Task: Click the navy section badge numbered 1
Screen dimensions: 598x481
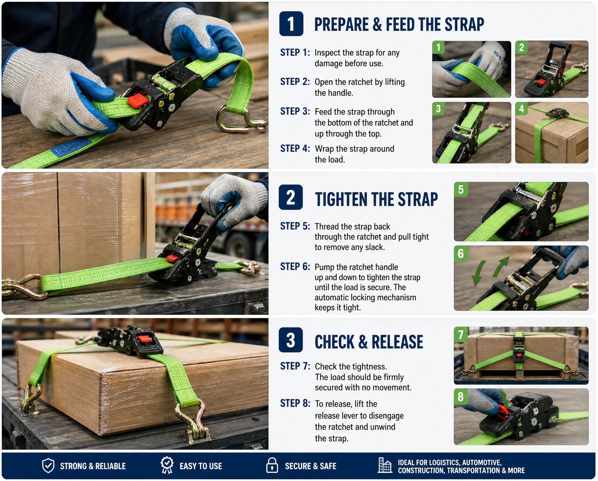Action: click(x=291, y=24)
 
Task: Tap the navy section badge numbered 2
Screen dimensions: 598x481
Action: click(x=291, y=197)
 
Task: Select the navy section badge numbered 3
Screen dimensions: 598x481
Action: click(x=291, y=340)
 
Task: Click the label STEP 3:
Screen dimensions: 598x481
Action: click(x=295, y=111)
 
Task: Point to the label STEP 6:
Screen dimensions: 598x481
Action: click(x=295, y=266)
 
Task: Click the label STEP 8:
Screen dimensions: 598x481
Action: click(x=295, y=403)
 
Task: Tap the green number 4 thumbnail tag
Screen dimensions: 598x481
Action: click(x=522, y=109)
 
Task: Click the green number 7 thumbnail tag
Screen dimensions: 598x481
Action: click(x=460, y=334)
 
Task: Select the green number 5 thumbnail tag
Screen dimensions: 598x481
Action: click(x=461, y=189)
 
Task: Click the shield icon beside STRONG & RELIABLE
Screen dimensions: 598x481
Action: click(x=48, y=465)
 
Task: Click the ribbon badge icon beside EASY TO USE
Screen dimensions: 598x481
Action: click(x=167, y=465)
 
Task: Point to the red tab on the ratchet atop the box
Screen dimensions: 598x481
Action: click(x=145, y=339)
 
